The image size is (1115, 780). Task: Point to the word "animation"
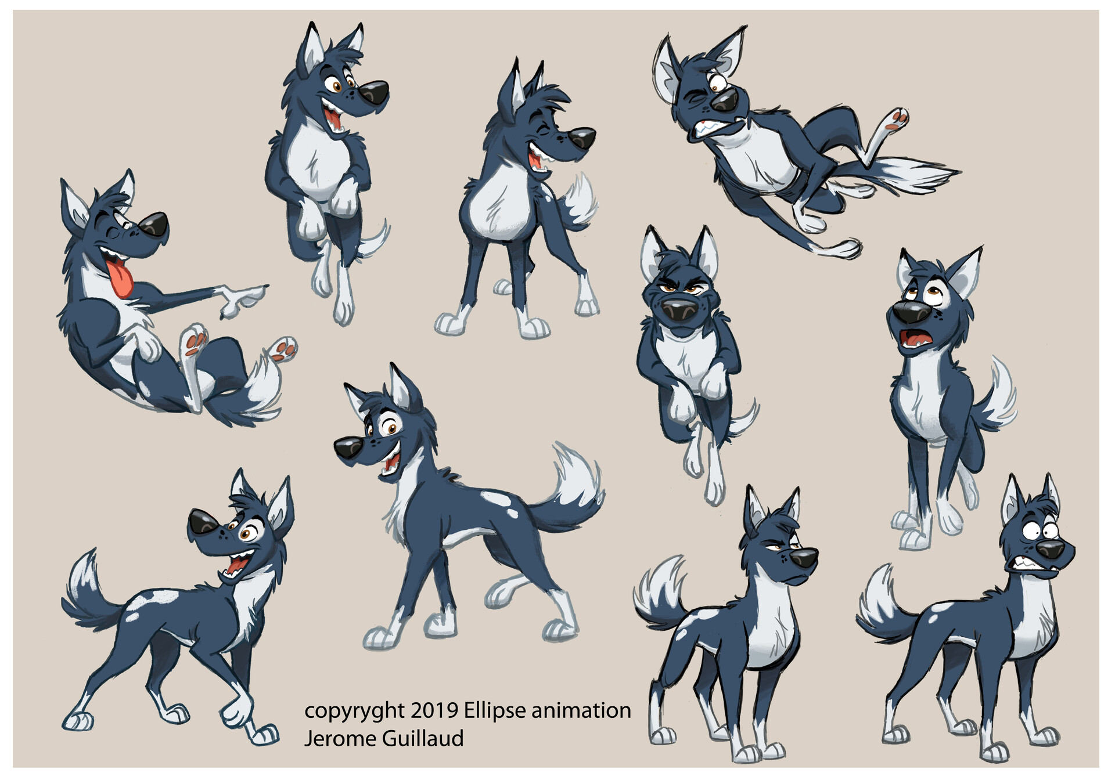[581, 710]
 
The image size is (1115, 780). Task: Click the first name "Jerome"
[340, 739]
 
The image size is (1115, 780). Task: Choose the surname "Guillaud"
[423, 738]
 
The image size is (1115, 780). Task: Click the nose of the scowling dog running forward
[681, 312]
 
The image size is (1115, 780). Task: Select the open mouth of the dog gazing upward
[915, 341]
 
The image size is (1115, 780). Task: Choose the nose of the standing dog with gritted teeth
[1051, 550]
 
